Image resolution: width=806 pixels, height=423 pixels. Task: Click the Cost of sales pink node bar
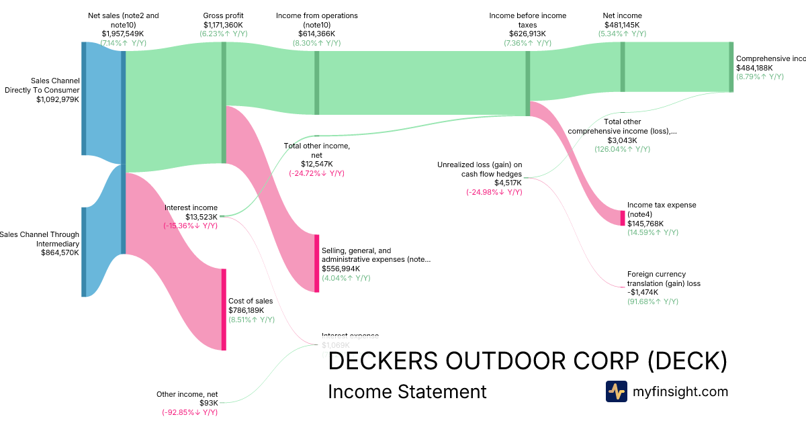pyautogui.click(x=224, y=310)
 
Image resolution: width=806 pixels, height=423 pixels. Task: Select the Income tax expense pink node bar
pyautogui.click(x=623, y=218)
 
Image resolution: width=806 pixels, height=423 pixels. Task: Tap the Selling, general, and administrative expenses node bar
pyautogui.click(x=316, y=263)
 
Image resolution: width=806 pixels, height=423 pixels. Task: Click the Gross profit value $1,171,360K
pyautogui.click(x=224, y=24)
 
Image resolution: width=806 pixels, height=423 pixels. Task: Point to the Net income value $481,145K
pyautogui.click(x=622, y=24)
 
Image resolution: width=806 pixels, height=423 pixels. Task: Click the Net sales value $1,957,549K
pyautogui.click(x=124, y=33)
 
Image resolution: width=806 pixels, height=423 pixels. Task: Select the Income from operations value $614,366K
pyautogui.click(x=316, y=33)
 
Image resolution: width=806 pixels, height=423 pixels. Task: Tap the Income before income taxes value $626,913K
pyautogui.click(x=527, y=33)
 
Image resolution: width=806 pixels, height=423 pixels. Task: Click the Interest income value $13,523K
pyautogui.click(x=201, y=217)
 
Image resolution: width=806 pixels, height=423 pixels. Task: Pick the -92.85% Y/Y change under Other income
pyautogui.click(x=189, y=412)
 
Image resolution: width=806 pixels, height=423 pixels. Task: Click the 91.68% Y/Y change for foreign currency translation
pyautogui.click(x=652, y=301)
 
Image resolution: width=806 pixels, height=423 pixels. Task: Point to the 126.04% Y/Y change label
pyautogui.click(x=622, y=149)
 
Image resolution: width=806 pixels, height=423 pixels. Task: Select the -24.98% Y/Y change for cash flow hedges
pyautogui.click(x=494, y=192)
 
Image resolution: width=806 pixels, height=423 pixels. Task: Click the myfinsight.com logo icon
pyautogui.click(x=616, y=391)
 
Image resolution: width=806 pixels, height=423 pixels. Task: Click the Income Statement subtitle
pyautogui.click(x=407, y=391)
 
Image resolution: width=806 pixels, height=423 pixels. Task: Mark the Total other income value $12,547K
pyautogui.click(x=316, y=164)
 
